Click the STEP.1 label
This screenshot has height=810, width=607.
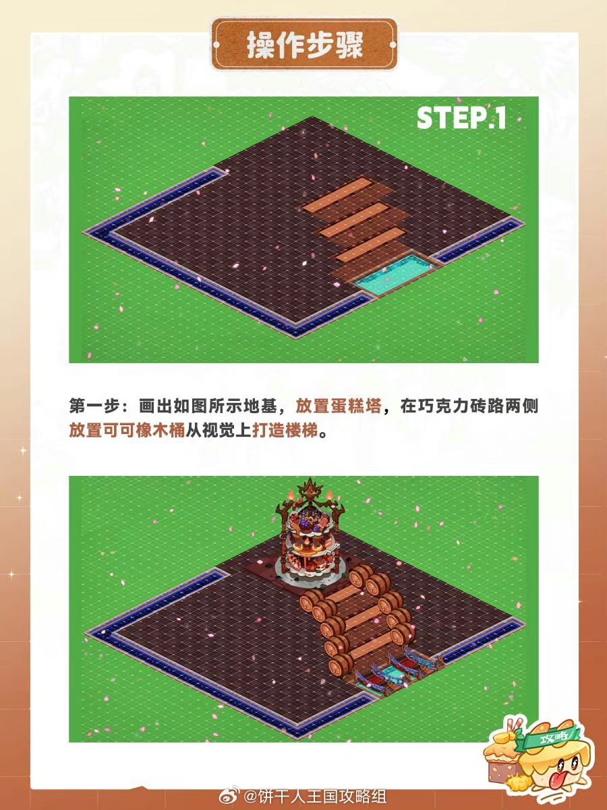pyautogui.click(x=461, y=117)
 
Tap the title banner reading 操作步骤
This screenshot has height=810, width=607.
pyautogui.click(x=304, y=45)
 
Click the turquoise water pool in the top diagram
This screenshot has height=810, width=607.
pyautogui.click(x=395, y=273)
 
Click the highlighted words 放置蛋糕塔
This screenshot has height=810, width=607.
pyautogui.click(x=339, y=406)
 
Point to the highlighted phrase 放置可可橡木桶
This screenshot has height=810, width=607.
pyautogui.click(x=127, y=430)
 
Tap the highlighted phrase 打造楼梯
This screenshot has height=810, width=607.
pyautogui.click(x=285, y=430)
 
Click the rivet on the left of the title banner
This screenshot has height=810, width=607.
pyautogui.click(x=216, y=45)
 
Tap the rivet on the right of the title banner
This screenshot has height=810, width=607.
pyautogui.click(x=393, y=45)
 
